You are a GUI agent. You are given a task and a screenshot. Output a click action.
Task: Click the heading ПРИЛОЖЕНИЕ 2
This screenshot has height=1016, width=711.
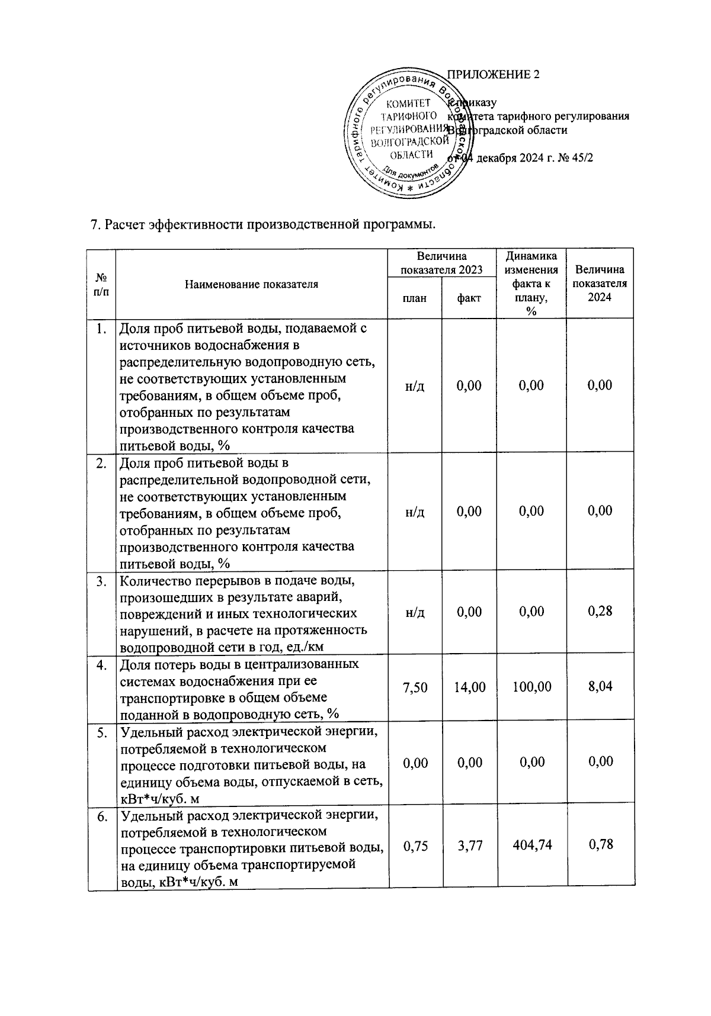coord(493,75)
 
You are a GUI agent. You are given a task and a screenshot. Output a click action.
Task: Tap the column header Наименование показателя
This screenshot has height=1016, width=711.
coord(251,284)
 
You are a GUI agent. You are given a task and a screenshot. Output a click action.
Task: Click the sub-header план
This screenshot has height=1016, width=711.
coord(415,298)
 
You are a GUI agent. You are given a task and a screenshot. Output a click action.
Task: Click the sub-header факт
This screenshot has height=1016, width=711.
coord(469,298)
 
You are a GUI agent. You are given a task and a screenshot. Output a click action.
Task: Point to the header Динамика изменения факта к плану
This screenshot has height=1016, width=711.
coord(531,284)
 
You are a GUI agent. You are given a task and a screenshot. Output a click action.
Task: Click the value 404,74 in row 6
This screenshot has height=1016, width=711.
coord(531,845)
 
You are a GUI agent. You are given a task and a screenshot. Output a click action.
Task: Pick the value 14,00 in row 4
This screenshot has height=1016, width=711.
coord(469,687)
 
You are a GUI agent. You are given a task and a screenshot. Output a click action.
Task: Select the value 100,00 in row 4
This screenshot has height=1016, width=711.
coord(531,687)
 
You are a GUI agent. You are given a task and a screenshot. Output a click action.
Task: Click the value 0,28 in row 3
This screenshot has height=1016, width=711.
coord(600,611)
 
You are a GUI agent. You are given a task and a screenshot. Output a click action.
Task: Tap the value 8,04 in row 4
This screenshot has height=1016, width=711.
coord(600,687)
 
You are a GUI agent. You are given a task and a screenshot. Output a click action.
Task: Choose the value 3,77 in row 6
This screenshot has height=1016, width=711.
coord(469,845)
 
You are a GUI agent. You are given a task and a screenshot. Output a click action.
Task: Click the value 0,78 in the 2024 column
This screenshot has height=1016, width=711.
coord(600,845)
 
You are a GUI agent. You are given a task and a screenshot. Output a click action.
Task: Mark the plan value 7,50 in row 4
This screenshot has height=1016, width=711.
coord(415,687)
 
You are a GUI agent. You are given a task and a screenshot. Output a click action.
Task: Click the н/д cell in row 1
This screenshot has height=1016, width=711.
coord(415,385)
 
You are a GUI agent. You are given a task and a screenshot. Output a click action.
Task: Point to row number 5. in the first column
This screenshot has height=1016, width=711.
coord(102,732)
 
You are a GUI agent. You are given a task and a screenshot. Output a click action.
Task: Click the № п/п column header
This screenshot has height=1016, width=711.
coord(101,284)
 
